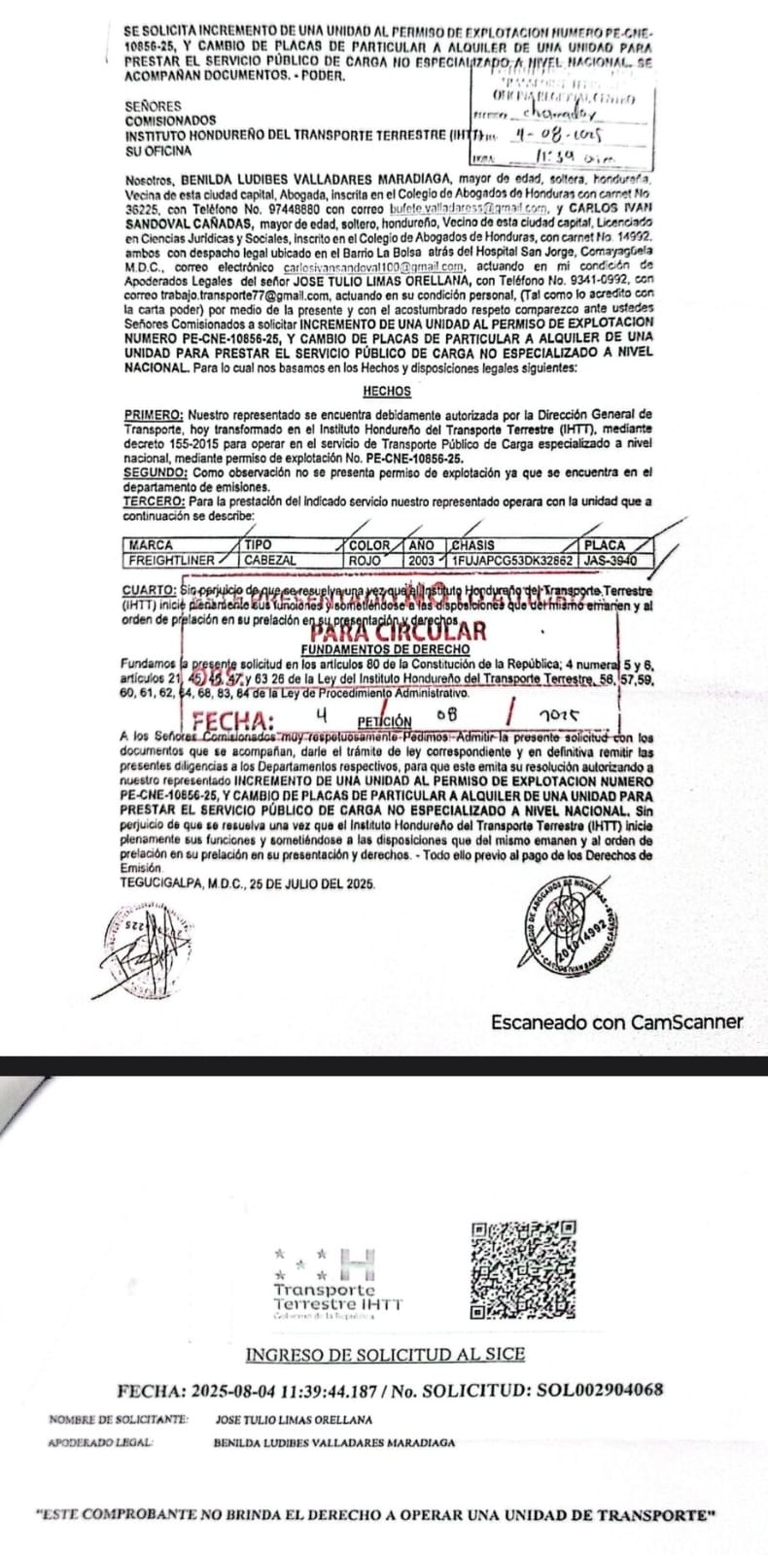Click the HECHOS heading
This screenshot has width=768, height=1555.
[x=386, y=392]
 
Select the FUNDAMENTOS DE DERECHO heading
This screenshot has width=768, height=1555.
[x=386, y=648]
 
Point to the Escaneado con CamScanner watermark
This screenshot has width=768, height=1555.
[x=616, y=1022]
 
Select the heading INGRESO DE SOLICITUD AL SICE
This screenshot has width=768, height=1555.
[x=385, y=1355]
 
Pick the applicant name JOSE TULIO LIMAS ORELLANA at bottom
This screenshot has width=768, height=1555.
[x=294, y=1420]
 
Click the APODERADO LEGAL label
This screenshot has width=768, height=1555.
[x=100, y=1442]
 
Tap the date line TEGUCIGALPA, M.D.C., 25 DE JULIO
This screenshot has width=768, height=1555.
[x=248, y=883]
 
